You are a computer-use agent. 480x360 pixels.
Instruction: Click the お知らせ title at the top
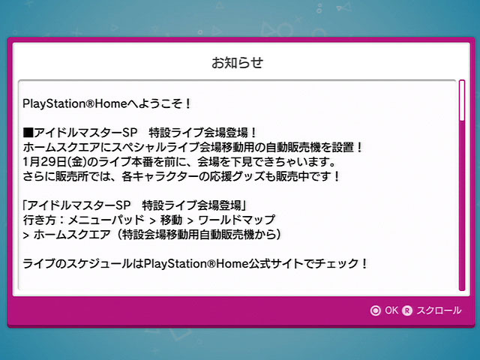(237, 62)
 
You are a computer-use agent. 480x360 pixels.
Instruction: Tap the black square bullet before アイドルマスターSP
(28, 133)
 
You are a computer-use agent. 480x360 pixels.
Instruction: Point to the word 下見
(244, 162)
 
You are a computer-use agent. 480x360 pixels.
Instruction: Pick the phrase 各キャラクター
(160, 176)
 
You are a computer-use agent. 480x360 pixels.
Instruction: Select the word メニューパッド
(106, 220)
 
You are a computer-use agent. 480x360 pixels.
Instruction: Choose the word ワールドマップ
(237, 220)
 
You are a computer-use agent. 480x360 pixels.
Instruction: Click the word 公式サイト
(276, 263)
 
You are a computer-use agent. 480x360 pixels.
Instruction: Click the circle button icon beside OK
(375, 310)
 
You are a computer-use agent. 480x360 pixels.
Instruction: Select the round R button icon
(407, 310)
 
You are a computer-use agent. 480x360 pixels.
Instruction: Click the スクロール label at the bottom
(439, 310)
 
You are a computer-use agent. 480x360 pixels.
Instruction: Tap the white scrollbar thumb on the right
(462, 100)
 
